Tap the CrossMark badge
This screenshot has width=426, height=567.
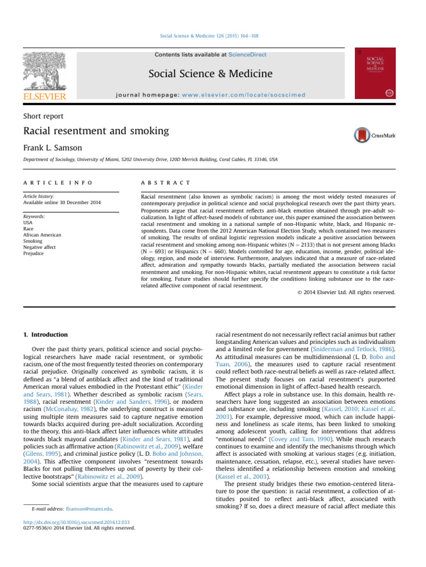point(375,135)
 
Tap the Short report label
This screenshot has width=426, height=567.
point(43,116)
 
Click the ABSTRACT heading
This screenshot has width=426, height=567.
point(166,182)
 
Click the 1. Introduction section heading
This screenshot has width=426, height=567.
point(46,334)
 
